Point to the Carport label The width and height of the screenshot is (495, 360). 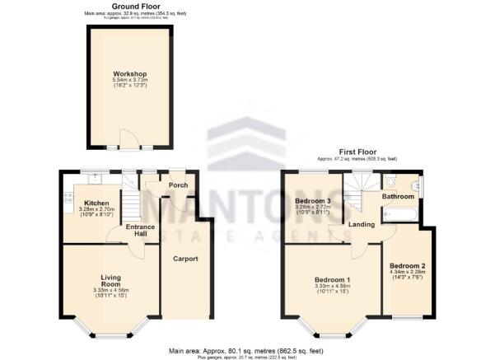[x=184, y=259]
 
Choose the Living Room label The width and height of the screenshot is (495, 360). [x=110, y=281]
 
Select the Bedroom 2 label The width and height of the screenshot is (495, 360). [x=407, y=265]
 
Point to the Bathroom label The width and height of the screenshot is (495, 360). [x=397, y=197]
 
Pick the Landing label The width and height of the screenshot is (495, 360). [x=362, y=225]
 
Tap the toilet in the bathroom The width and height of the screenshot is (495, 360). [x=391, y=180]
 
